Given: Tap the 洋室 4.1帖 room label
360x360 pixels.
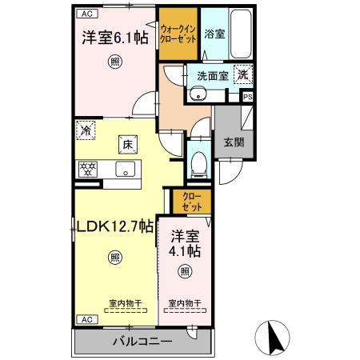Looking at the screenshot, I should click(x=186, y=243).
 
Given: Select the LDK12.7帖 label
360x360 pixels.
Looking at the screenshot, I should click(x=114, y=226).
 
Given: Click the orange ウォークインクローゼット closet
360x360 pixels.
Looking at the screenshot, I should click(x=178, y=32).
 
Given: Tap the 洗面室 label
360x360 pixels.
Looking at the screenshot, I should click(x=212, y=74).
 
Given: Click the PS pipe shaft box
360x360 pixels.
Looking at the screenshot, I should click(x=247, y=97).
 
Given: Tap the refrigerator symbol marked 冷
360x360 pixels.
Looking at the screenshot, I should click(x=86, y=128).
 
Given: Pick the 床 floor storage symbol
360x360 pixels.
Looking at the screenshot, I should click(x=126, y=144).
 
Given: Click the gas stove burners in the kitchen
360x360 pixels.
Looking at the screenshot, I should click(x=86, y=170).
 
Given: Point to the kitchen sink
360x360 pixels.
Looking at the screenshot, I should click(x=125, y=170).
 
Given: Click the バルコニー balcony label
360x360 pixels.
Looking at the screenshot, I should click(x=142, y=342).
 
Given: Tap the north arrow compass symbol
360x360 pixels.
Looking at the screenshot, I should click(x=272, y=338).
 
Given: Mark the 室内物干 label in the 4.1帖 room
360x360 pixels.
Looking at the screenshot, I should click(x=185, y=304).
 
